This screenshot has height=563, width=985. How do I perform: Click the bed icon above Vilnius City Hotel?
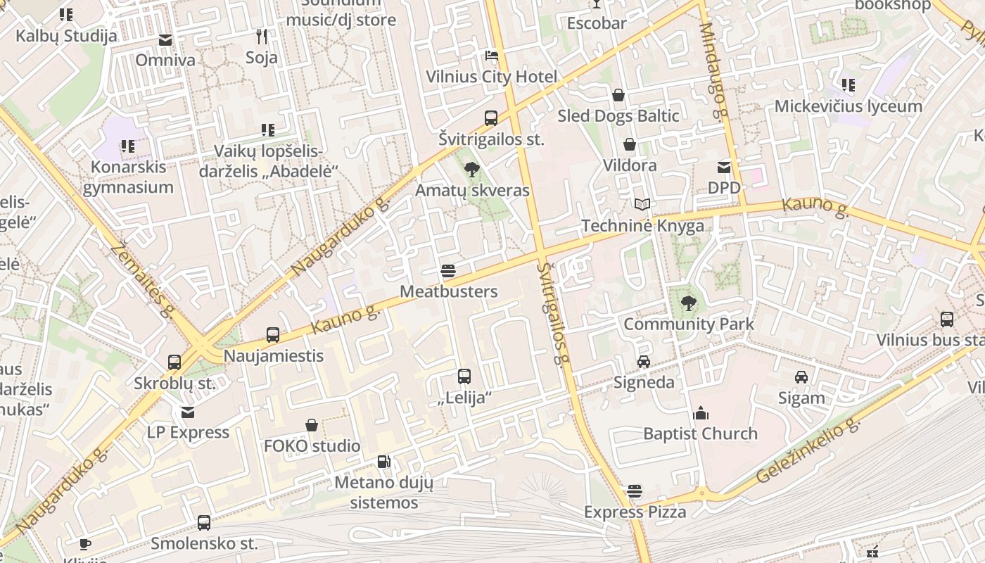point(491,56)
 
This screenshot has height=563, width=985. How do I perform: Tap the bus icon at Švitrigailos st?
point(491,118)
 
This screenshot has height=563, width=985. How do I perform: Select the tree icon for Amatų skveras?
point(472,169)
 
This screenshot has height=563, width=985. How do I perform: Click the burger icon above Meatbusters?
point(448,271)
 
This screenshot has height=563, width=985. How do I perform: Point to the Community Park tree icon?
point(688,303)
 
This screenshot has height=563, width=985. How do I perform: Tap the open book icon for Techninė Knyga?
point(642,205)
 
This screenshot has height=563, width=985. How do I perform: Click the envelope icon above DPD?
point(724,167)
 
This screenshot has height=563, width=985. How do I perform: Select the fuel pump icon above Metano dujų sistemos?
point(383,462)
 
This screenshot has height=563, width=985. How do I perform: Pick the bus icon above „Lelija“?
point(464,377)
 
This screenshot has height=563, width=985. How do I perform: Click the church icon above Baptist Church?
point(701,413)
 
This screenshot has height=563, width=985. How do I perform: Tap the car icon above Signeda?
point(644,362)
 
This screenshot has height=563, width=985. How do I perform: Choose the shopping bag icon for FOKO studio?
point(312,425)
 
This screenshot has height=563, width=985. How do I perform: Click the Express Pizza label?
point(635,512)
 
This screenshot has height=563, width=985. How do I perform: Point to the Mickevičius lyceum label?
point(848,106)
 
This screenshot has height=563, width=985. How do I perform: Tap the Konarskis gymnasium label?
point(128,177)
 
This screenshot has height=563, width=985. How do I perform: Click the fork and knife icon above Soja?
point(262,36)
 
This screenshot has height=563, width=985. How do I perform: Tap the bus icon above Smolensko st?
point(204,523)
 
